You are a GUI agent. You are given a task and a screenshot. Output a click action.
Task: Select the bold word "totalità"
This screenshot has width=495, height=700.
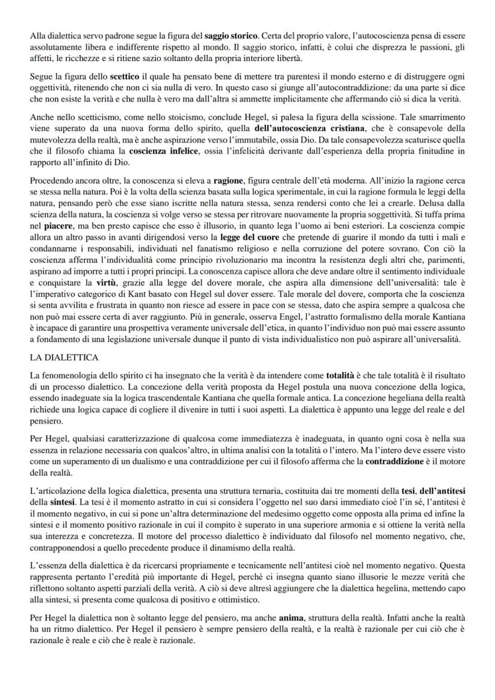344,377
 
